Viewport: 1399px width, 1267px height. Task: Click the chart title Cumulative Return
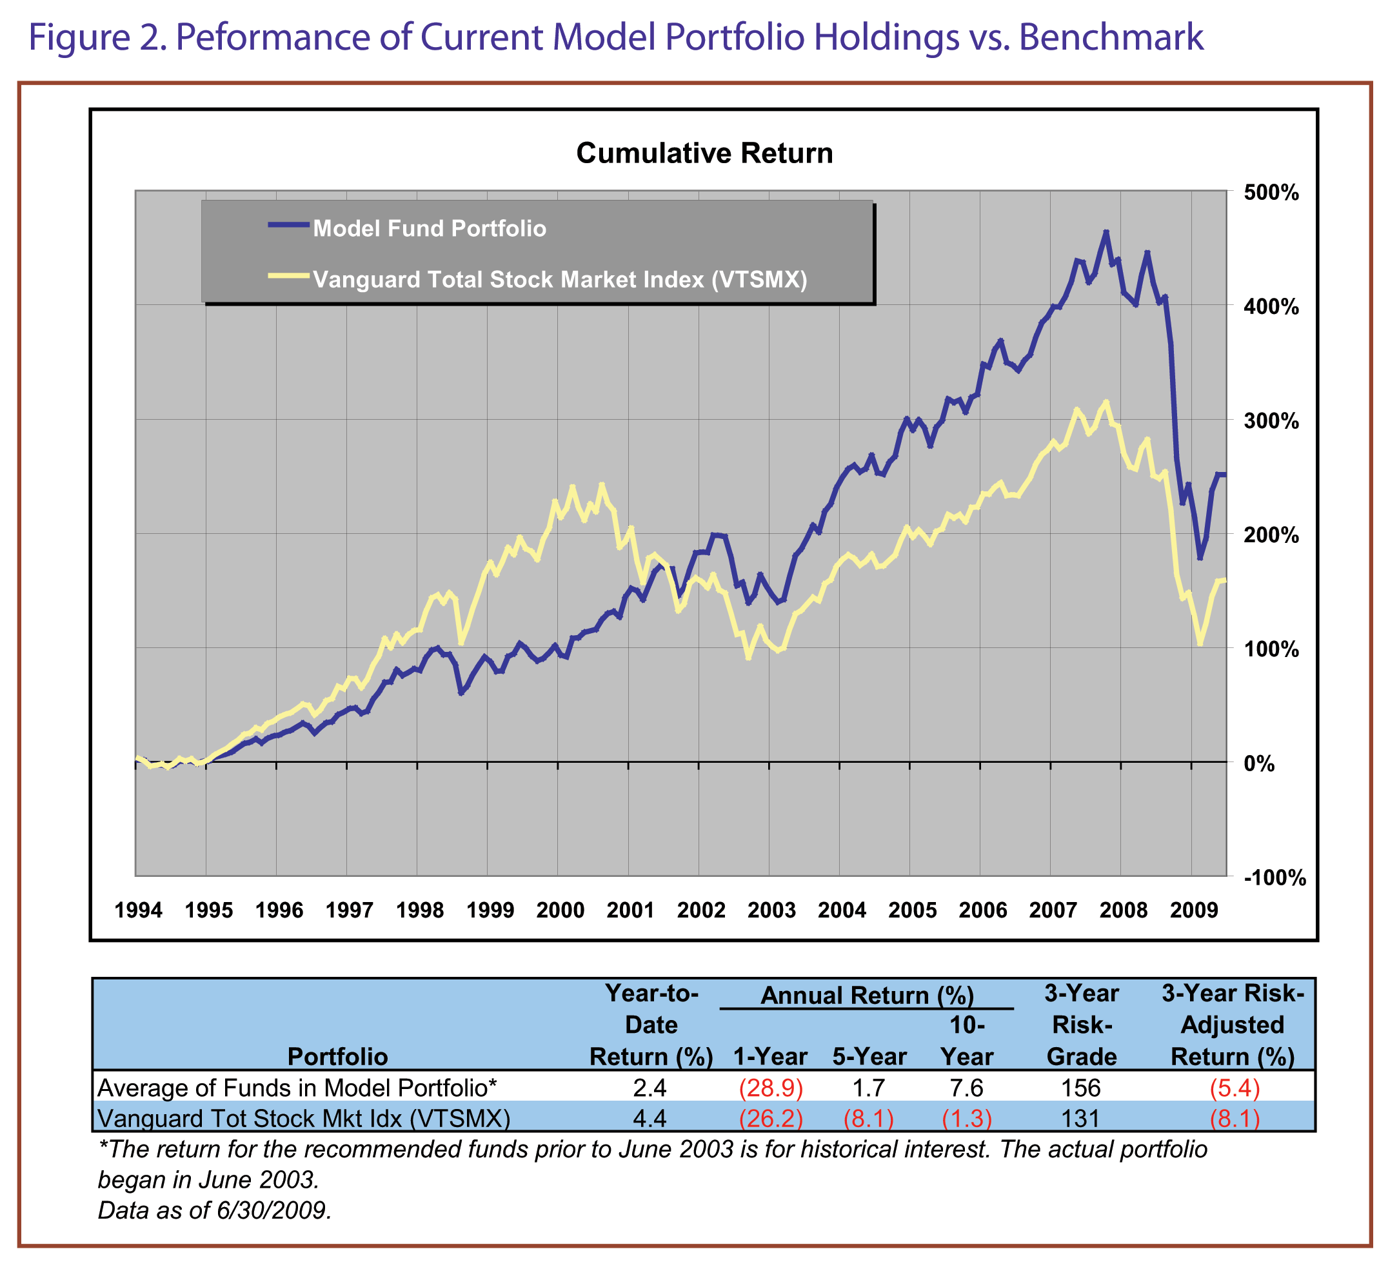[704, 153]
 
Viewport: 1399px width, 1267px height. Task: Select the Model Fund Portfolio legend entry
[429, 228]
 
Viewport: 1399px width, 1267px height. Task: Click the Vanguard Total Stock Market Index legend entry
[559, 280]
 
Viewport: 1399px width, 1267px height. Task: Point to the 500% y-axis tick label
[1271, 193]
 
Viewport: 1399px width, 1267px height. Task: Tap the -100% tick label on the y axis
[1274, 878]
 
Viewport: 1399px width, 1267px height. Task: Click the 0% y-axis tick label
[1259, 764]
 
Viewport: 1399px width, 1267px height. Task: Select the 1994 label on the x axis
[138, 910]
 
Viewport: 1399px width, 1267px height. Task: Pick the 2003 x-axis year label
[771, 910]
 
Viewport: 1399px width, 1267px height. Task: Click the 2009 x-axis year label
[1194, 910]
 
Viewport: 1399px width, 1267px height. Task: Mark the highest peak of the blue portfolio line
[1106, 233]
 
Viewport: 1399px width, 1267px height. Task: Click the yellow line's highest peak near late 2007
[1106, 402]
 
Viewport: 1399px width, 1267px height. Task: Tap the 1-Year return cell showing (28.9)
[770, 1088]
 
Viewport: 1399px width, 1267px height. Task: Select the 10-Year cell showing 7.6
[966, 1088]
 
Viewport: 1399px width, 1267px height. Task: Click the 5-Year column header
[869, 1057]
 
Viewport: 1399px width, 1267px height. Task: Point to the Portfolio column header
[337, 1057]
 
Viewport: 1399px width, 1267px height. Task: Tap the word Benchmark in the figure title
[1110, 37]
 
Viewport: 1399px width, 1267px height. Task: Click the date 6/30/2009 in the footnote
[273, 1210]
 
